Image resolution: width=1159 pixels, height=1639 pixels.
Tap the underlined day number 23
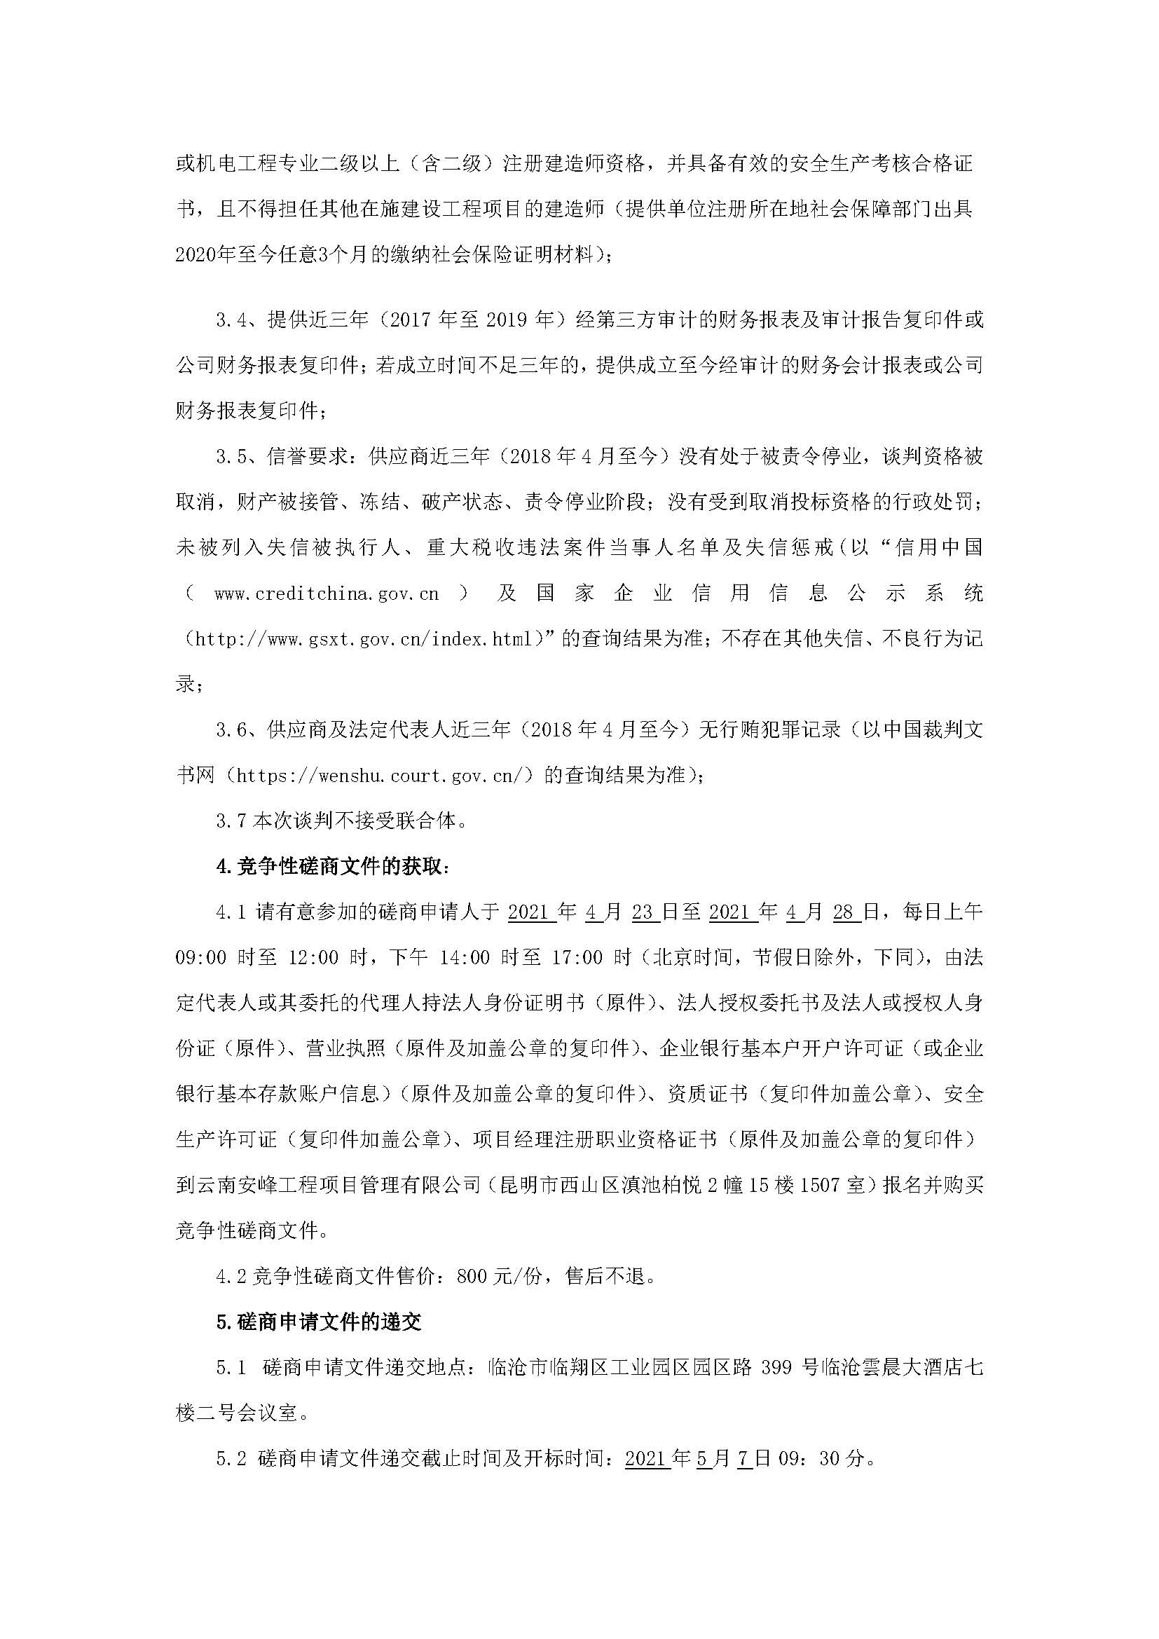[x=645, y=912]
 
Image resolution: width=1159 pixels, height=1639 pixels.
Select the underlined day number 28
[x=846, y=912]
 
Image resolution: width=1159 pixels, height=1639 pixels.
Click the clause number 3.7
[x=231, y=822]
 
